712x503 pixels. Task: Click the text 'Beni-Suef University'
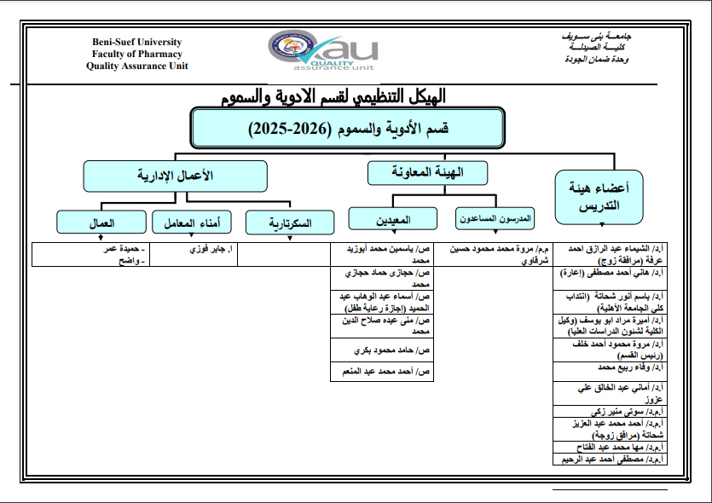(x=137, y=43)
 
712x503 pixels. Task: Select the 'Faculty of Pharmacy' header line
(x=137, y=55)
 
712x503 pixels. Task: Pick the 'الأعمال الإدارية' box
(x=175, y=176)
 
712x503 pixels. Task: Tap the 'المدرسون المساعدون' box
(x=495, y=219)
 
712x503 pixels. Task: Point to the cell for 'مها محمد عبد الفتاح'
(x=609, y=446)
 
